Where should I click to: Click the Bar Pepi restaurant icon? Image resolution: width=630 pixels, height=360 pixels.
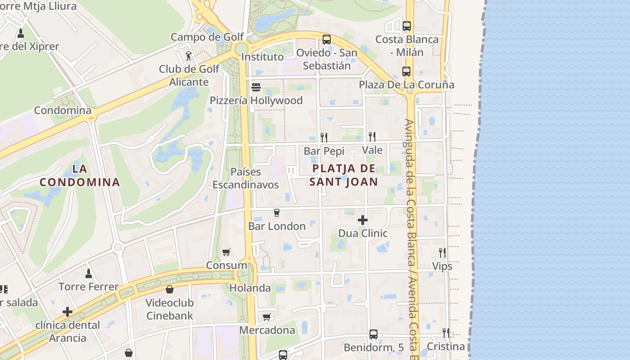tap(324, 137)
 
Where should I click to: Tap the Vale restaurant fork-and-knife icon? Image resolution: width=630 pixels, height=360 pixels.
tap(372, 136)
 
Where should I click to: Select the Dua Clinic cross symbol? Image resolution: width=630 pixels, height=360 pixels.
tap(363, 220)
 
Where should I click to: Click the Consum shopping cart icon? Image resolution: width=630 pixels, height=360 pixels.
tap(226, 252)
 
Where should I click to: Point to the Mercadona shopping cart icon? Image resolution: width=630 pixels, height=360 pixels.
tap(267, 317)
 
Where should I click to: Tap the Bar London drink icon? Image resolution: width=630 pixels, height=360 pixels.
tap(276, 213)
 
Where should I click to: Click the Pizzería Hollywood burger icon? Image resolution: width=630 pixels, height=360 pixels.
tap(256, 87)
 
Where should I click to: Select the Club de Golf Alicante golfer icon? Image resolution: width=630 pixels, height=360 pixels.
tap(189, 56)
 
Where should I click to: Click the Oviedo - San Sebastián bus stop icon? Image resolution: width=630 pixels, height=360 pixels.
tap(327, 39)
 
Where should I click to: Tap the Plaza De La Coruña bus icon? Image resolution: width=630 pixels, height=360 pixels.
tap(406, 71)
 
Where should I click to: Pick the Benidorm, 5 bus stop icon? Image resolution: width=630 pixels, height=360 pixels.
tap(373, 334)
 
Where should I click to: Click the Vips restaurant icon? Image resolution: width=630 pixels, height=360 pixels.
tap(442, 253)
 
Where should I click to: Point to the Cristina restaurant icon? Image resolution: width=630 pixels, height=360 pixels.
tap(445, 333)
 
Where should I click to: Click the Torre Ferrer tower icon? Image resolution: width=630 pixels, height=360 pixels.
tap(89, 273)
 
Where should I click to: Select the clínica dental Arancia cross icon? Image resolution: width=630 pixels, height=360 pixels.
tap(67, 312)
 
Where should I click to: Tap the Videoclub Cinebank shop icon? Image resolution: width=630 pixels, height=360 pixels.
tap(170, 289)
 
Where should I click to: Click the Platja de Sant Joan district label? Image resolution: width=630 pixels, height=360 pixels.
tap(344, 175)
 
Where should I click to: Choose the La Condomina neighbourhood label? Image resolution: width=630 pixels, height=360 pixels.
tap(80, 175)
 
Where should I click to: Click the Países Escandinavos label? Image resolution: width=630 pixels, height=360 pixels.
tap(246, 178)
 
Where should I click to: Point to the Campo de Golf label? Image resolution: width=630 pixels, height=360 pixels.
tap(207, 37)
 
